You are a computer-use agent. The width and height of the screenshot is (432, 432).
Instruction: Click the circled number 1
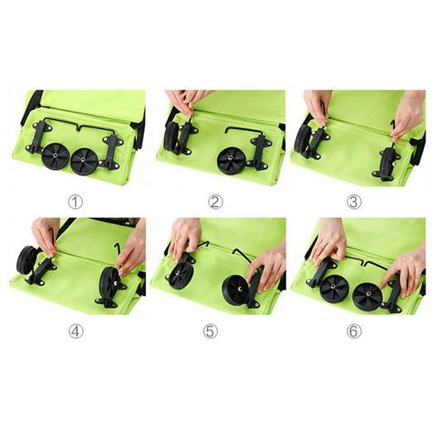75,202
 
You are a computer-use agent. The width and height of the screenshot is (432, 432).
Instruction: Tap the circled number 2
215,202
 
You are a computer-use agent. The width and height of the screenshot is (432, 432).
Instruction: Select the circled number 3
353,202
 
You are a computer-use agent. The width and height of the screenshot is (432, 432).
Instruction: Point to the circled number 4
76,331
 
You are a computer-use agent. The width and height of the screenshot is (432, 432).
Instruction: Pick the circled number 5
210,331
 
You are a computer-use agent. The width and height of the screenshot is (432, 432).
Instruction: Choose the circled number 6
354,331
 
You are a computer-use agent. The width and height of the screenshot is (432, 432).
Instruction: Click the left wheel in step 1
55,156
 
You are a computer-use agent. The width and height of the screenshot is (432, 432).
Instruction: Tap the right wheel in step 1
84,161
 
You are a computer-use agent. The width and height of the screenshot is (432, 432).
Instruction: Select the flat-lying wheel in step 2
230,161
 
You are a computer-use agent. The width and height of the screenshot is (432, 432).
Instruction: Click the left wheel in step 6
334,288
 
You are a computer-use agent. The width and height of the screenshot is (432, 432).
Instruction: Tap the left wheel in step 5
180,276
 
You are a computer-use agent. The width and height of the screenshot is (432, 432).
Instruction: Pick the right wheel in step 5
235,290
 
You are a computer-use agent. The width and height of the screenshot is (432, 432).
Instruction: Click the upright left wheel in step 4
26,260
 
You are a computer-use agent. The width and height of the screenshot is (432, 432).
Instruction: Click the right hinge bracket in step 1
113,152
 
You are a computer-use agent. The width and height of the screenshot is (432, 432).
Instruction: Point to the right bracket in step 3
386,165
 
